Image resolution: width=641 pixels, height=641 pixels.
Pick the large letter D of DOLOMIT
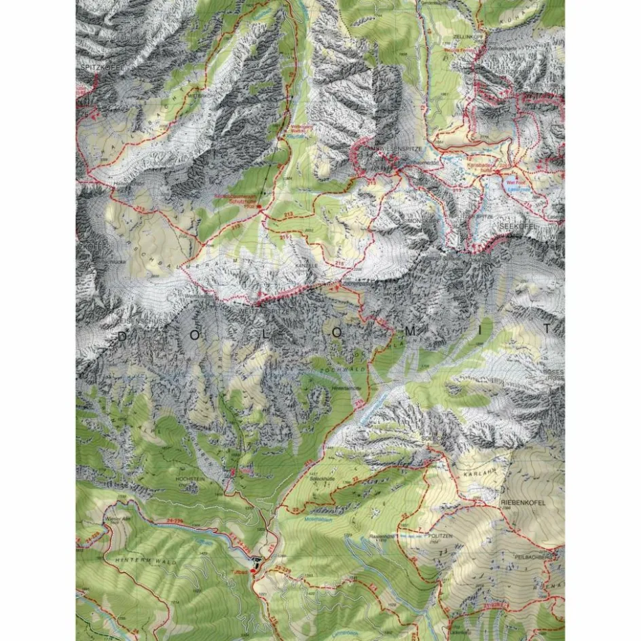point(122,336)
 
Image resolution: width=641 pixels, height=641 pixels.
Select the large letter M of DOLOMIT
point(445,331)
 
